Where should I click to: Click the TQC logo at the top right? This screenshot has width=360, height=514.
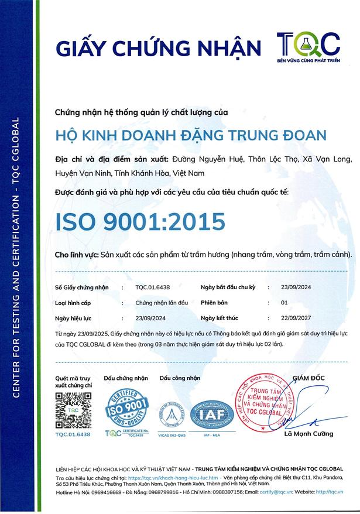308,46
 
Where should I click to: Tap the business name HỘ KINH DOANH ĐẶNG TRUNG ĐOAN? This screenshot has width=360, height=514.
190,135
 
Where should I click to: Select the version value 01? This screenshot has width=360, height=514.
285,303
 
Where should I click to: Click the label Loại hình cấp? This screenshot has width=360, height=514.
74,303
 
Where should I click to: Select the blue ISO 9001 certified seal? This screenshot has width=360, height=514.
128,409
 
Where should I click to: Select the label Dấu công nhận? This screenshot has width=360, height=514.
180,379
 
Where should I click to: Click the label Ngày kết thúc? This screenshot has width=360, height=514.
220,318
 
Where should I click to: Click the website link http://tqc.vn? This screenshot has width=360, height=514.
332,492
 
